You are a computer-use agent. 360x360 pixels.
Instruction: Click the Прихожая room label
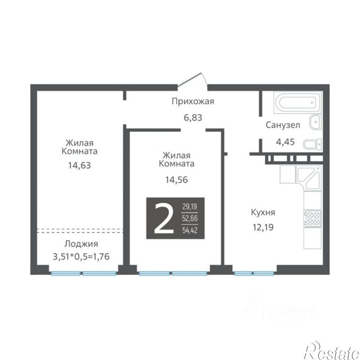pyautogui.click(x=193, y=101)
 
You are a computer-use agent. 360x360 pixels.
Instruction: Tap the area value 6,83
pyautogui.click(x=193, y=118)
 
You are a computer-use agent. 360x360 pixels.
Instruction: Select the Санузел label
pyautogui.click(x=283, y=125)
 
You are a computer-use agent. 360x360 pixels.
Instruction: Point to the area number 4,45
pyautogui.click(x=285, y=142)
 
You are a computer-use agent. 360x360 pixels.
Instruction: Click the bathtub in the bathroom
pyautogui.click(x=297, y=103)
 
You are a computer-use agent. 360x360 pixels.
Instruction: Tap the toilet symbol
pyautogui.click(x=312, y=144)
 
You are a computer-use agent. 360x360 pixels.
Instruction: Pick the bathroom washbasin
pyautogui.click(x=315, y=122)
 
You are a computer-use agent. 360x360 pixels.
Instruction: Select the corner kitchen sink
pyautogui.click(x=309, y=178)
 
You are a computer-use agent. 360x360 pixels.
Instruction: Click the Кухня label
pyautogui.click(x=263, y=213)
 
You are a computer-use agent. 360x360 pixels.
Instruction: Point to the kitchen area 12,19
pyautogui.click(x=263, y=227)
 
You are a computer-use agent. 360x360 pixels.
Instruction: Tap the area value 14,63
pyautogui.click(x=79, y=165)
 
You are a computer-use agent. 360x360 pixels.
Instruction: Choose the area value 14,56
pyautogui.click(x=177, y=180)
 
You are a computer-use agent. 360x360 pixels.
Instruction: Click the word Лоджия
pyautogui.click(x=81, y=244)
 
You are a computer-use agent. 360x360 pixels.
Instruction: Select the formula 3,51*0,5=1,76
pyautogui.click(x=81, y=256)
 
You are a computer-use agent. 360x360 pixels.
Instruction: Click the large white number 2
pyautogui.click(x=164, y=218)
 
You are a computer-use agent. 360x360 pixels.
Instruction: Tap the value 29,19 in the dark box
pyautogui.click(x=190, y=207)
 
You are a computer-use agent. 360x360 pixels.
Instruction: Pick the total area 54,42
pyautogui.click(x=190, y=230)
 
